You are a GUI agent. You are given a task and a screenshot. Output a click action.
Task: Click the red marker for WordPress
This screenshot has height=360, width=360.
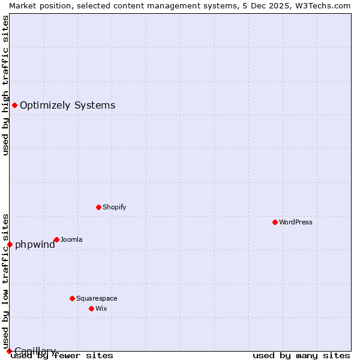(x=275, y=222)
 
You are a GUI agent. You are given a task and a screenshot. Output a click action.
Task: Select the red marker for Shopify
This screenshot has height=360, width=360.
(x=98, y=207)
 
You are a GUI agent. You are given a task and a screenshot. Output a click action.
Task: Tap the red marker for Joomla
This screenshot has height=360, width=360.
(x=56, y=239)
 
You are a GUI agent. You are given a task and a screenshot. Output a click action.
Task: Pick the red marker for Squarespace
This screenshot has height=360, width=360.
(x=72, y=298)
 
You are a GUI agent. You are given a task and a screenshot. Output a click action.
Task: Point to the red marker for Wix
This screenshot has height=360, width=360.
(x=91, y=308)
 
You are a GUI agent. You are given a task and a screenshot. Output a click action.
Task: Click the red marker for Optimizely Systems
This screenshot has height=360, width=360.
(x=14, y=106)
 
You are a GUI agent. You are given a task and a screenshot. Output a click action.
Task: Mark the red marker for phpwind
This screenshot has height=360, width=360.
(x=10, y=244)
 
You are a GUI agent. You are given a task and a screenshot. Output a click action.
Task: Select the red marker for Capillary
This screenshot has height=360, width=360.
(x=9, y=351)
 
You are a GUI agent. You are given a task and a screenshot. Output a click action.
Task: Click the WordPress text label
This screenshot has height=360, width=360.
(x=296, y=222)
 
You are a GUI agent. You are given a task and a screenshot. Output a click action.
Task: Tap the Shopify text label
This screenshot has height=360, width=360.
(x=114, y=207)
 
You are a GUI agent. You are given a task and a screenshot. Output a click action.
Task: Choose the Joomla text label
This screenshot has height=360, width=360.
(x=71, y=239)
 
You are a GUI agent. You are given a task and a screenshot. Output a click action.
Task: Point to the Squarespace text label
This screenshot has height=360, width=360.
(x=97, y=298)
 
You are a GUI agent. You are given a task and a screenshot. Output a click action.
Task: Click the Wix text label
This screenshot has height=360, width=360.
(x=101, y=308)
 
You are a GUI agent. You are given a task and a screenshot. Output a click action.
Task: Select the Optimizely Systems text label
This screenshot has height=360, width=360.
(x=67, y=106)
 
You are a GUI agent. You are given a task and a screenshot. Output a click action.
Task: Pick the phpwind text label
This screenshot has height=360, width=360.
(x=35, y=244)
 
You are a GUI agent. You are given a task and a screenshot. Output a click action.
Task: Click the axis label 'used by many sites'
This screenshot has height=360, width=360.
(x=301, y=355)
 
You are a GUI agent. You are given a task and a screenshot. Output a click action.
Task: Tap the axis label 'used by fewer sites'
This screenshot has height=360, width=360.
(x=62, y=355)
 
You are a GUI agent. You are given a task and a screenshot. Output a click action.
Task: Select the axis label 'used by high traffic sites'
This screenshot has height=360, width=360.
(x=5, y=85)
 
